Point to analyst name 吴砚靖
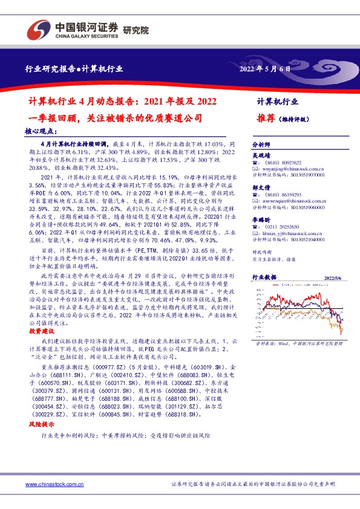(x=261, y=156)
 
